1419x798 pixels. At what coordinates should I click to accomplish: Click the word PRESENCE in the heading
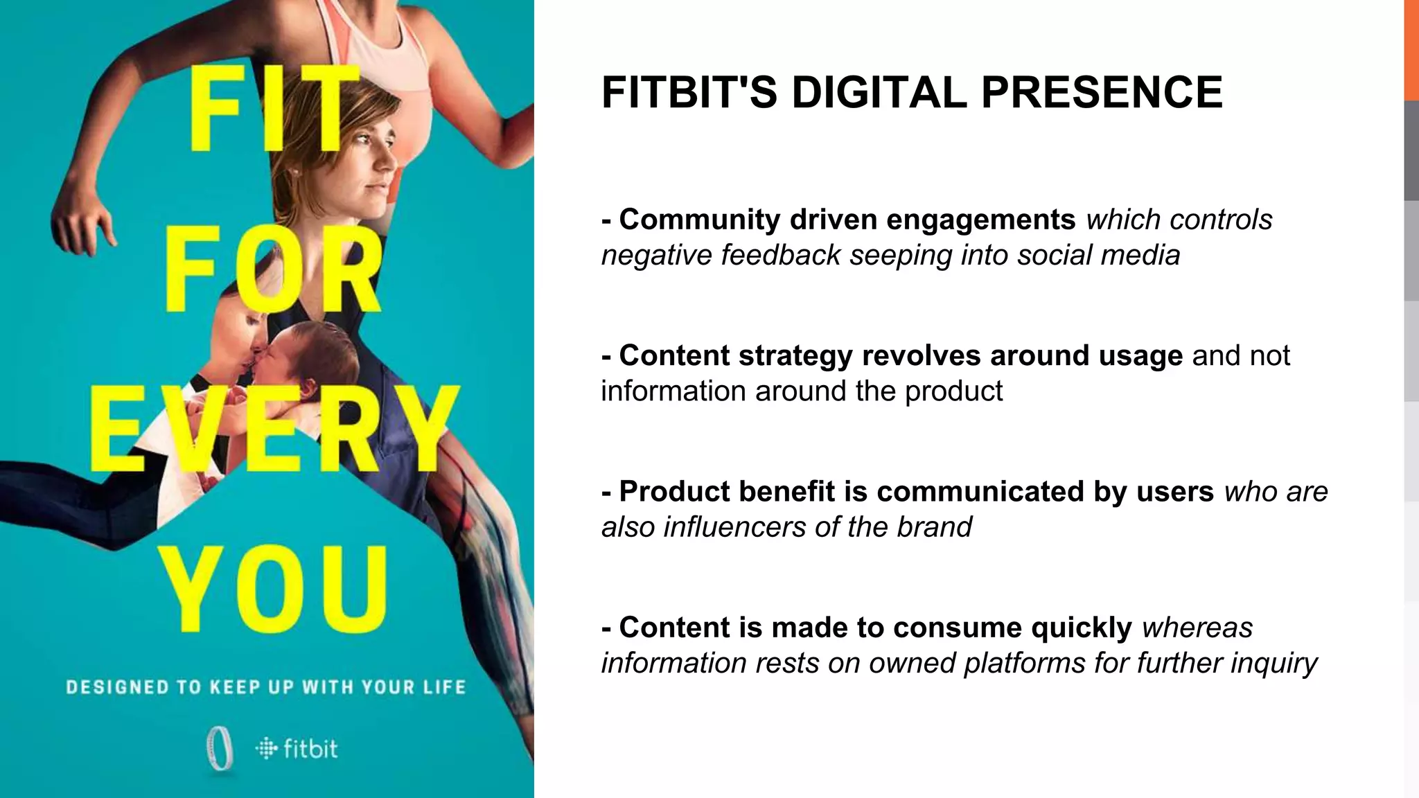tap(1102, 92)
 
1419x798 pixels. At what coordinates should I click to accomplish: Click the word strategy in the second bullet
tap(795, 355)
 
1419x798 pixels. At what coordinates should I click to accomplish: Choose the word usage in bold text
tap(1140, 355)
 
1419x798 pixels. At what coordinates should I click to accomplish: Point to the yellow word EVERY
tap(274, 431)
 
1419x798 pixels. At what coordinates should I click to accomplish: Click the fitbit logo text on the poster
tap(310, 749)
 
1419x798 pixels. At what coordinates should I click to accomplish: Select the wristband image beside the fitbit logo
tap(220, 749)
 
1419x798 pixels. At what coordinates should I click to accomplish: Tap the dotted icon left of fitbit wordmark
tap(266, 749)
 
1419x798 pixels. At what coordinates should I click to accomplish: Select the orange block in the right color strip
tap(1411, 50)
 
